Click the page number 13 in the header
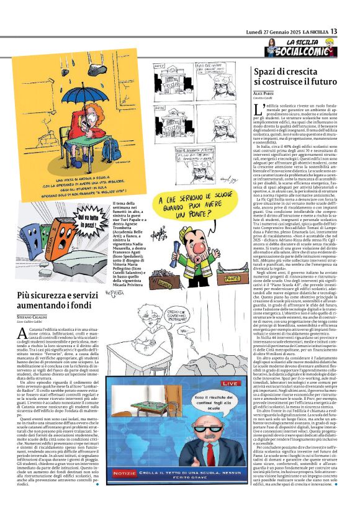click(x=351, y=31)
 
